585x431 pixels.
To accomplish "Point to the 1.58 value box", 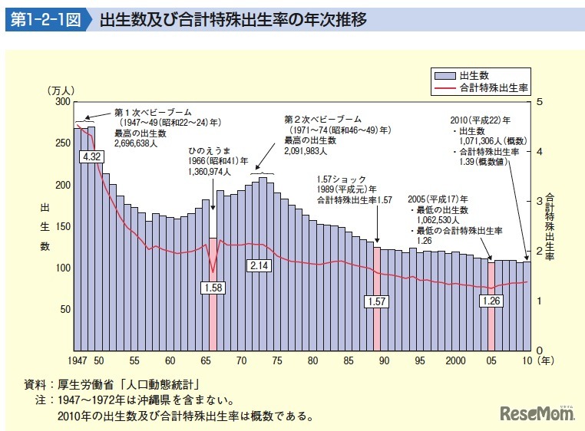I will pyautogui.click(x=213, y=288).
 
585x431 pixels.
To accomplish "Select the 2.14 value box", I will pyautogui.click(x=259, y=265).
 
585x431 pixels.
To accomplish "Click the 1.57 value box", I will pyautogui.click(x=376, y=301).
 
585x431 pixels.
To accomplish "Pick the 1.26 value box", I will pyautogui.click(x=491, y=301).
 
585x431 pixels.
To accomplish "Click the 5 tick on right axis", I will pyautogui.click(x=540, y=102).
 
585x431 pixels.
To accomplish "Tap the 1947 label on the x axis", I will pyautogui.click(x=77, y=360).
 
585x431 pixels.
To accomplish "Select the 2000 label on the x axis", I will pyautogui.click(x=455, y=360).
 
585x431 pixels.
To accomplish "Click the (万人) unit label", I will pyautogui.click(x=61, y=91).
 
